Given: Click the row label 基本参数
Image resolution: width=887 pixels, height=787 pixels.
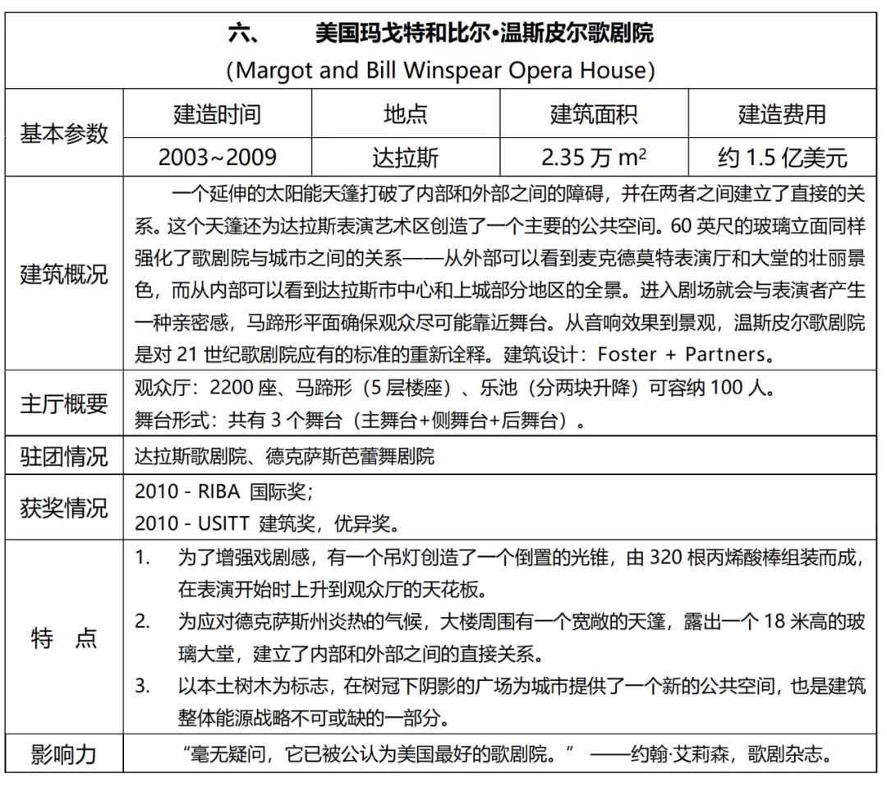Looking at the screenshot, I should pyautogui.click(x=64, y=133).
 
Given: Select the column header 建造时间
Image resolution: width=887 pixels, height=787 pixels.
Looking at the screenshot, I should pyautogui.click(x=217, y=114).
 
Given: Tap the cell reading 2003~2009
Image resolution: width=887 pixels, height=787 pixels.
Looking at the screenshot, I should pyautogui.click(x=217, y=157).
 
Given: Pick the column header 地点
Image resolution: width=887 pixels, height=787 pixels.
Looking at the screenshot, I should pyautogui.click(x=406, y=114).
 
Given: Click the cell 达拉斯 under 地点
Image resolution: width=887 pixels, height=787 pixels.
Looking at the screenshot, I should pyautogui.click(x=406, y=157).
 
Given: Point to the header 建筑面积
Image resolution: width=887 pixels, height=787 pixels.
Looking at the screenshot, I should pyautogui.click(x=594, y=114).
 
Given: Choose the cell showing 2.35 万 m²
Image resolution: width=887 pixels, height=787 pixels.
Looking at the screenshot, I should pyautogui.click(x=594, y=157).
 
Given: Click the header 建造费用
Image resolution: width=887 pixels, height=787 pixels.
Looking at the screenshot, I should pyautogui.click(x=782, y=114).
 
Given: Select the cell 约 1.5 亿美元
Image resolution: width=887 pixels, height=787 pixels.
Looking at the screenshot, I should pyautogui.click(x=782, y=157).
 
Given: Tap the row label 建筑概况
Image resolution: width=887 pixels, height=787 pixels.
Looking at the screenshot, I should pyautogui.click(x=64, y=274).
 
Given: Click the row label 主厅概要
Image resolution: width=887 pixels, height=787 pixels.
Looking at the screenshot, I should pyautogui.click(x=64, y=404).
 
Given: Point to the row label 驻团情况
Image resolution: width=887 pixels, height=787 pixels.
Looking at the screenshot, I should pyautogui.click(x=64, y=457).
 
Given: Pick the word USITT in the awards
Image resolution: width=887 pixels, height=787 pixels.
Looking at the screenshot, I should pyautogui.click(x=223, y=522).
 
